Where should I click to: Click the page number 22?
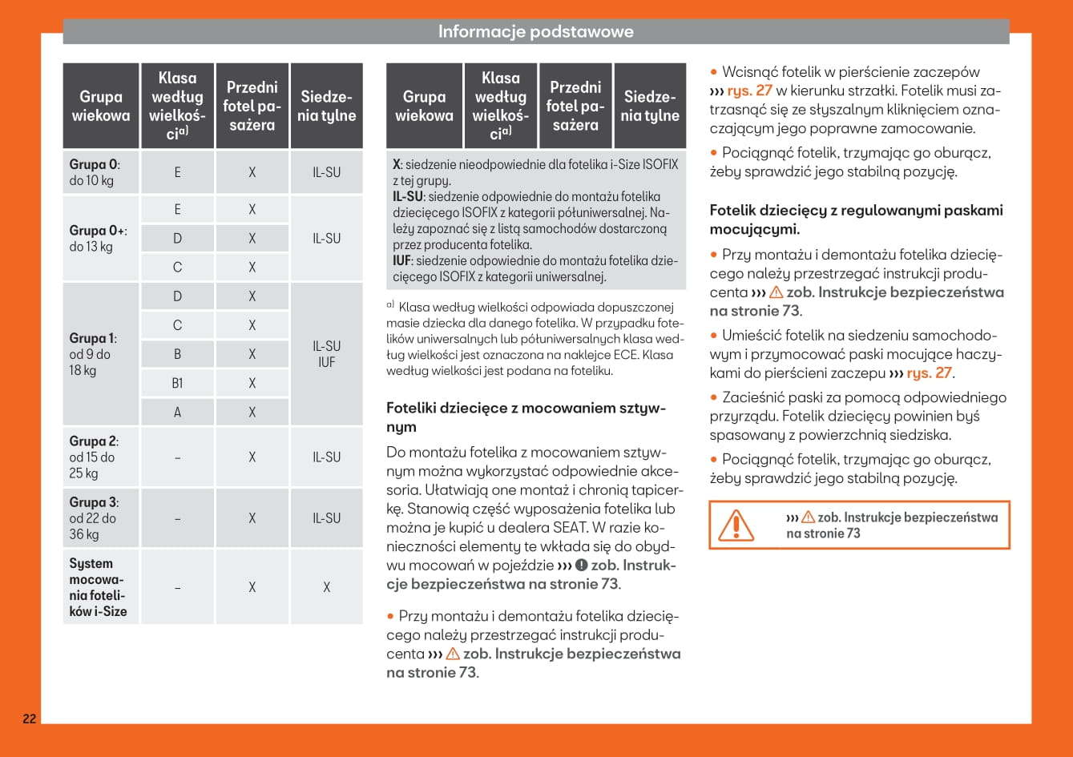(x=29, y=719)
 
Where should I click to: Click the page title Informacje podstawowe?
(x=535, y=32)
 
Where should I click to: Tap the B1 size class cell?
(x=177, y=384)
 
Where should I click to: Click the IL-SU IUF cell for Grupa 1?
(x=326, y=354)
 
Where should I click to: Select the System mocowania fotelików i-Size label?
(x=98, y=587)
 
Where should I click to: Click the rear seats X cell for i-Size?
(x=326, y=587)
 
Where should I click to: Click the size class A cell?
(x=177, y=413)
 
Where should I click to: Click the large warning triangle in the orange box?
(x=731, y=525)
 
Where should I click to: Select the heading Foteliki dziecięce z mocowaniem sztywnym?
(x=526, y=417)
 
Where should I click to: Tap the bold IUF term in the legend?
(x=401, y=261)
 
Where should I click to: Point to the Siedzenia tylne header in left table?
(x=326, y=107)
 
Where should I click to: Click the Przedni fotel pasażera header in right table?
(x=575, y=107)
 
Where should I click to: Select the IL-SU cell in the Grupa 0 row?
(x=326, y=172)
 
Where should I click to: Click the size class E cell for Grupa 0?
(x=177, y=172)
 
